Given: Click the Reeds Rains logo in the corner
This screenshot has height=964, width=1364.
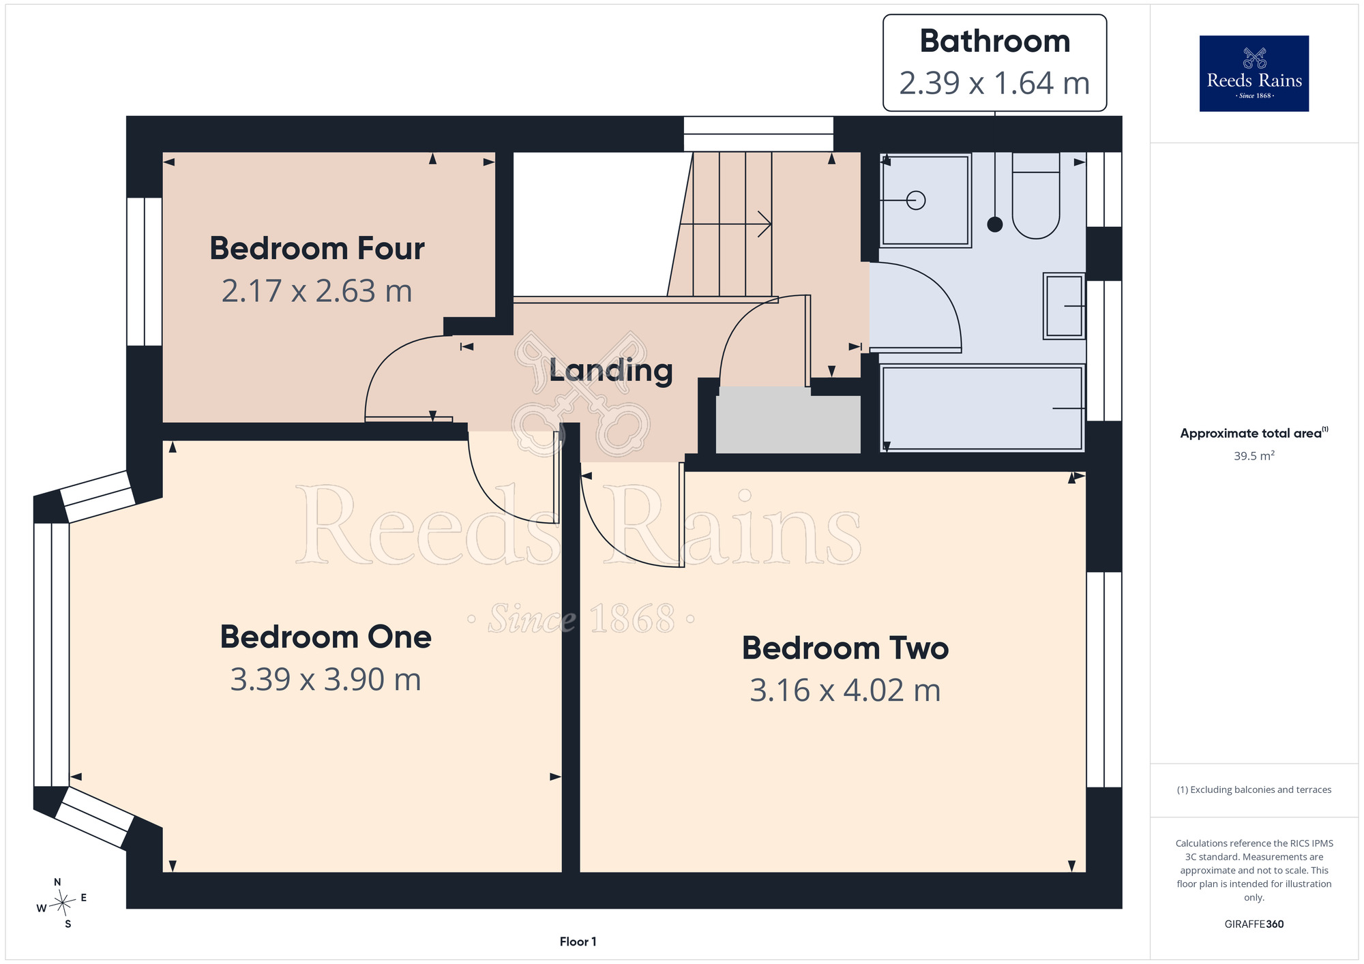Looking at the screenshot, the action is pos(1254,73).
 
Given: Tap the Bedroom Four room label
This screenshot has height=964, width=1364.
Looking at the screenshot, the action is pos(317,248).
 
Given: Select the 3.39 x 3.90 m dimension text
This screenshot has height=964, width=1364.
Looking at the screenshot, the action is pos(325,680).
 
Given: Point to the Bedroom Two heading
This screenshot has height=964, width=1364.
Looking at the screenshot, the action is pos(845,648).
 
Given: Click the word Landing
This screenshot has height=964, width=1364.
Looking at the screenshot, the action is pos(611,370).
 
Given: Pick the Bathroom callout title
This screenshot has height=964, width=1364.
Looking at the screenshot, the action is pos(995,41).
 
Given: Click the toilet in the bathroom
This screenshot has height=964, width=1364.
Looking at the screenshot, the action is pos(1036,195).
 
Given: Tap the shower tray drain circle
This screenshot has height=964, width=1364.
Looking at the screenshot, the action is pos(916,200).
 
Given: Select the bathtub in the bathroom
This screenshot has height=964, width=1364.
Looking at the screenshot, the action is pos(983,408).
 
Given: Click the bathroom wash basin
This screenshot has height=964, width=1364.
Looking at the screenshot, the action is pos(1064,306).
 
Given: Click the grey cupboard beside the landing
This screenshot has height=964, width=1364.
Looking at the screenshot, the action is pos(788,420).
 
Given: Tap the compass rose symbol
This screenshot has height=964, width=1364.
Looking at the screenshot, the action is pos(62,903).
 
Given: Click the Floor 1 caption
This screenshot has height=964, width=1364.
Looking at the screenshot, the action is pos(578,942).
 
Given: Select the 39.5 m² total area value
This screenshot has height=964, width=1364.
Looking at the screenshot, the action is pos(1254,455).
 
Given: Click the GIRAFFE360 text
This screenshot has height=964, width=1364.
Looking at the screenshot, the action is pos(1254,924).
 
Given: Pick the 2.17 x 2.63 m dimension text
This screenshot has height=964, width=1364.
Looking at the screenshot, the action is pos(317,291).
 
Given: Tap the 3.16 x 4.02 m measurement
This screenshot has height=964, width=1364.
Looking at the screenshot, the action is pos(845,691).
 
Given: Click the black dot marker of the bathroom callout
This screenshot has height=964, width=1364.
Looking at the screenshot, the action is pos(995,224).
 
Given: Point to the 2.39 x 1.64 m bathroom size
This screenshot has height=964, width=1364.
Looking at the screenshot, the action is pos(994,83).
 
